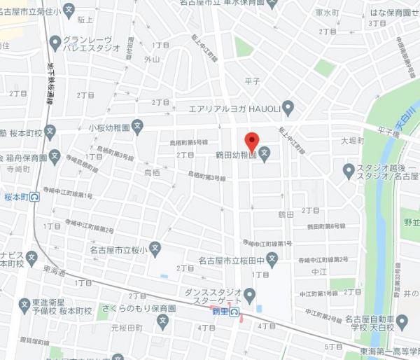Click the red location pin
pyautogui.click(x=253, y=139)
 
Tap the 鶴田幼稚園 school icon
pyautogui.click(x=265, y=155)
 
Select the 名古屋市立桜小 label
pyautogui.click(x=115, y=250)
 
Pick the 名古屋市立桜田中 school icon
pyautogui.click(x=273, y=262)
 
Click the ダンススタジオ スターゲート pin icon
pyautogui.click(x=250, y=293)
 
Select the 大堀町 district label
pyautogui.click(x=352, y=141)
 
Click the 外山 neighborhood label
pyautogui.click(x=152, y=60)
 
